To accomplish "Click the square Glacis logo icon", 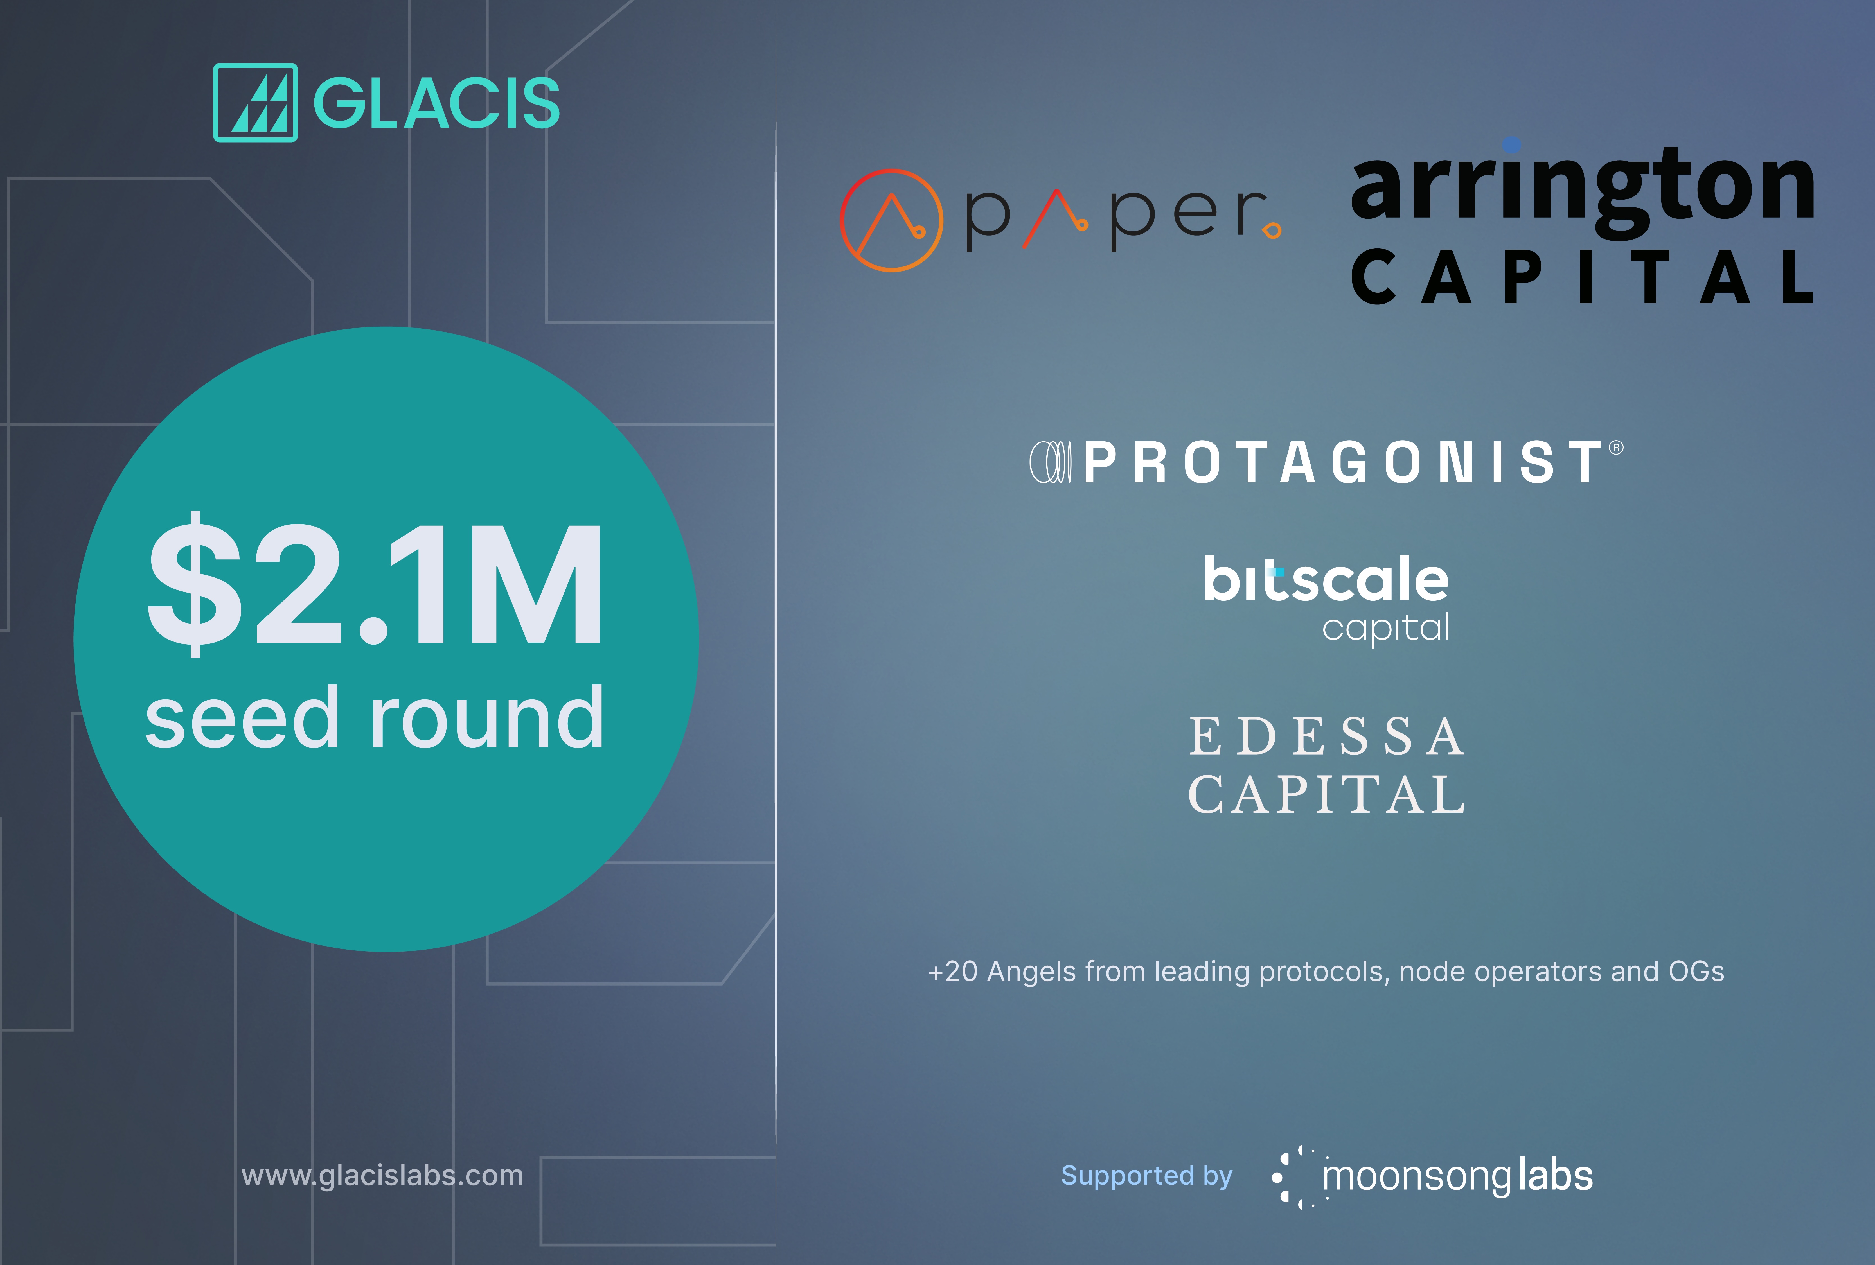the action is click(x=255, y=102).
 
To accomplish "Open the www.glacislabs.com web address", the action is click(x=382, y=1175).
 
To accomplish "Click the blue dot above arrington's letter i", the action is click(x=1512, y=144).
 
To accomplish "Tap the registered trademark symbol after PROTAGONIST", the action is click(x=1616, y=448).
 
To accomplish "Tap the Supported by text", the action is click(x=1146, y=1176).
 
